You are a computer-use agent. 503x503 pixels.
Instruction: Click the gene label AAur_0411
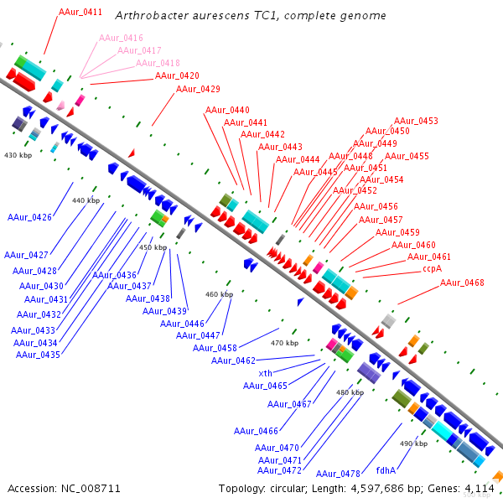[80, 13]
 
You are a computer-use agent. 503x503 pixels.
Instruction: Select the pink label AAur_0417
[141, 50]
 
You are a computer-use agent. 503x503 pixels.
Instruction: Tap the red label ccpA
[433, 269]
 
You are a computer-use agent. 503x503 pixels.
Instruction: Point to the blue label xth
[265, 373]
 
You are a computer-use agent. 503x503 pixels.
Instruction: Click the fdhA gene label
[386, 470]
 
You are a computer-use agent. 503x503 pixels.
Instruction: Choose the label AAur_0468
[462, 283]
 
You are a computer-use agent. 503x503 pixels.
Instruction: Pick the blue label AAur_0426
[29, 218]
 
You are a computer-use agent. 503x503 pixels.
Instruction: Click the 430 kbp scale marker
[18, 156]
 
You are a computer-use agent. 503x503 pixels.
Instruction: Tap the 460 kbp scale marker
[219, 294]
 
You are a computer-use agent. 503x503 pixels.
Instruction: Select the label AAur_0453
[416, 121]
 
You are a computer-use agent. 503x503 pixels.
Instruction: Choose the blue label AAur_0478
[338, 474]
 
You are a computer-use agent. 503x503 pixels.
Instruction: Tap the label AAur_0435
[38, 355]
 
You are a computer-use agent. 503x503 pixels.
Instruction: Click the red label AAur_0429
[198, 89]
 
